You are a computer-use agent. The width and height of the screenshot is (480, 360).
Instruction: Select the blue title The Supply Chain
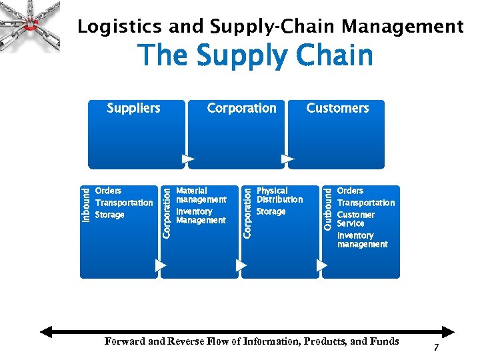tap(255, 55)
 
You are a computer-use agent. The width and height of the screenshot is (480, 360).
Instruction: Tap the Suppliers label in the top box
tap(133, 108)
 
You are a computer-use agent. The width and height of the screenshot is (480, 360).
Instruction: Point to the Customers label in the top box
tap(337, 108)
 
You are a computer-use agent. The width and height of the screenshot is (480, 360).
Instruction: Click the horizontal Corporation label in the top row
tap(241, 108)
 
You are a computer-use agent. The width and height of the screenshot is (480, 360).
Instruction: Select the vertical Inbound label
tap(86, 205)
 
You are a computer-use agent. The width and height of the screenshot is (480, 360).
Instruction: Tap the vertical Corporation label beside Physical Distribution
tap(247, 212)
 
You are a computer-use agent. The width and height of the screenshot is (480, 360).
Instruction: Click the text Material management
tap(201, 195)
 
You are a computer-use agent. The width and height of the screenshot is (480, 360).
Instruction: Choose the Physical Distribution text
tap(279, 195)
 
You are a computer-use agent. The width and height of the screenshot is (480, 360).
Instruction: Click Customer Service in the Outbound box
tap(355, 219)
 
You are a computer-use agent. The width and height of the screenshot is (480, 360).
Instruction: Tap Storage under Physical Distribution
tap(271, 212)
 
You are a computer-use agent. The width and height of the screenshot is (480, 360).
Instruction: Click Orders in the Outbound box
tap(350, 191)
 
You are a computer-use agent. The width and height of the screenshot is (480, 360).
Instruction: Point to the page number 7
tap(436, 348)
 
